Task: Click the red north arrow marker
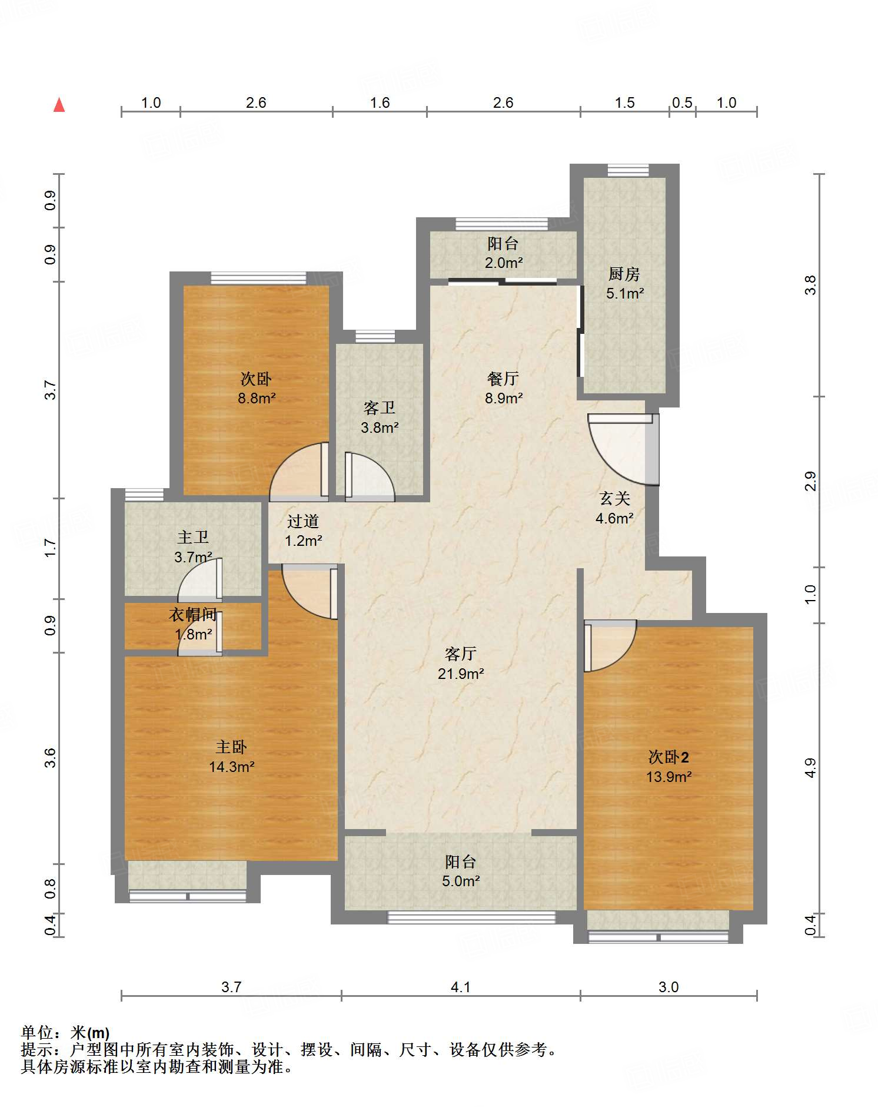(x=59, y=105)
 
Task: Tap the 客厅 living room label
(x=460, y=654)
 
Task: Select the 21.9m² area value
(x=460, y=674)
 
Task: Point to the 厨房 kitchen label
(x=624, y=274)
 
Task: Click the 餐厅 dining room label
(x=503, y=379)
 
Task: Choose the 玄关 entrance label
(x=615, y=499)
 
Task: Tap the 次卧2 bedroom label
(x=669, y=757)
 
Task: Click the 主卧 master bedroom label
(x=231, y=747)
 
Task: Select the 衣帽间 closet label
(x=193, y=615)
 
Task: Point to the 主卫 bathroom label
(x=193, y=537)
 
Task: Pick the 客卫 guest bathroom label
(x=380, y=407)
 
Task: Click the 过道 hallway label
(x=303, y=521)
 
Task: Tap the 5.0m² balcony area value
(x=460, y=881)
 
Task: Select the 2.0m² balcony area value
(x=503, y=263)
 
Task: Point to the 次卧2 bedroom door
(x=610, y=645)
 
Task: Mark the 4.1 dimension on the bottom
(x=460, y=987)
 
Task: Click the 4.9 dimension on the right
(x=811, y=768)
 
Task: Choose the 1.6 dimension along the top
(x=380, y=103)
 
